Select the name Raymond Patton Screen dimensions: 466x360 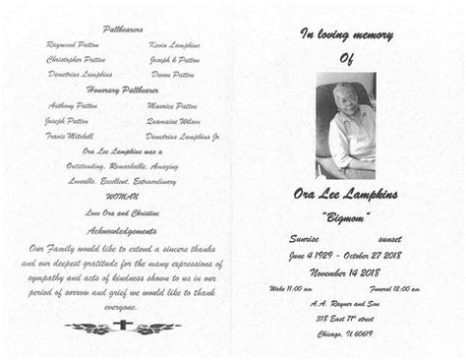73,46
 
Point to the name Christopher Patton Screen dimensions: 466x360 76,59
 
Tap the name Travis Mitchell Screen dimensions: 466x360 71,136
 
